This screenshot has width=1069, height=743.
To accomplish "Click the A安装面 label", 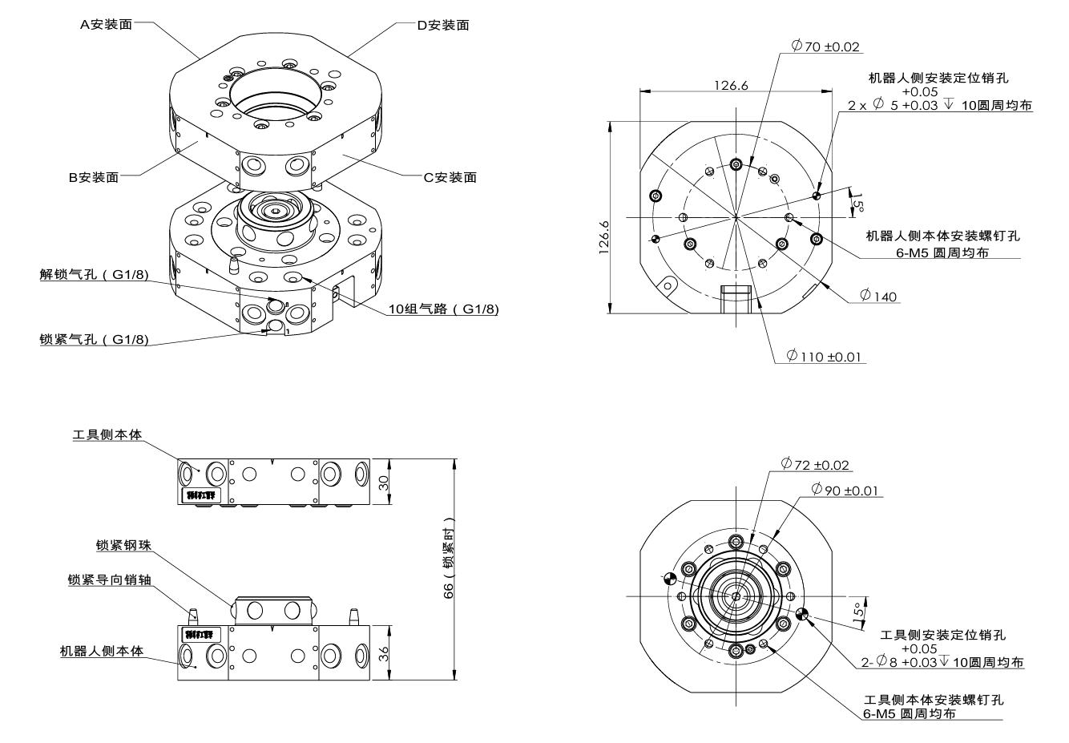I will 106,24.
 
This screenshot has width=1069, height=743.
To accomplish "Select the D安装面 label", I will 442,25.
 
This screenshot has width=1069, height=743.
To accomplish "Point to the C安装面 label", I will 450,177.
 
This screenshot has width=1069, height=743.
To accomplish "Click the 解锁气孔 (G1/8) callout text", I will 95,276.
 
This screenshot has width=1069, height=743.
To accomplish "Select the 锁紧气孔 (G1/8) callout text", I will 95,339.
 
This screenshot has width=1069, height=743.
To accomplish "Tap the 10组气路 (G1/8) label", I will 443,309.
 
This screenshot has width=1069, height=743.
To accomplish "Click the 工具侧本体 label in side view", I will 107,434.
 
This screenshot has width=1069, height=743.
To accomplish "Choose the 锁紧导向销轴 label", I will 110,579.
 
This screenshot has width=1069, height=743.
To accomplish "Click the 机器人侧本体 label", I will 102,651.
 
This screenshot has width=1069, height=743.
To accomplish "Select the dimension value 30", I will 383,483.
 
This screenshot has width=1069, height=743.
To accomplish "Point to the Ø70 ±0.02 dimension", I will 825,46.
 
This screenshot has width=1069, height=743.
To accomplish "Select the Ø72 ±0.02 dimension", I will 816,465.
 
